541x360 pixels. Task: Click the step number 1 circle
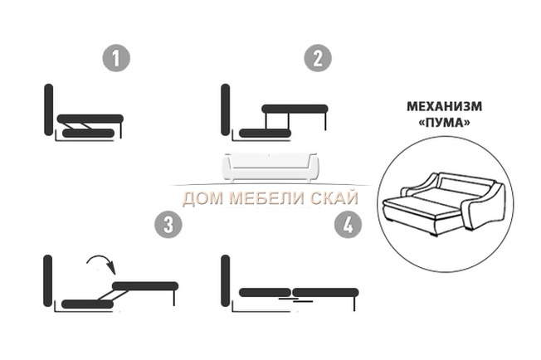coord(116,57)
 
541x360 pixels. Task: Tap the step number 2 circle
coord(318,57)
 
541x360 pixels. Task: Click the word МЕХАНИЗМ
coord(445,106)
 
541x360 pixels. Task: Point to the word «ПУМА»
coord(445,123)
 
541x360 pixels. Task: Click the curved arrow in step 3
coord(102,262)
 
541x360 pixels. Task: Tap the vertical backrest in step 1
coord(49,109)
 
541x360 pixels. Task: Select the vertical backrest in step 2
coord(226,109)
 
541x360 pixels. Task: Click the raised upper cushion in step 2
coord(295,109)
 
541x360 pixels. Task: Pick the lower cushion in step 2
coord(265,133)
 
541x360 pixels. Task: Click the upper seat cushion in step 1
coord(90,119)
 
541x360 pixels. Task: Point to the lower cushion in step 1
coord(88,133)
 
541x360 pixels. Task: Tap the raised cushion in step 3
coord(145,286)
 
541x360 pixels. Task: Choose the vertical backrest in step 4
coord(226,280)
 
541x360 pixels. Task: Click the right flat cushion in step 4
coord(326,293)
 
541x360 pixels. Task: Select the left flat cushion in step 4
coord(265,293)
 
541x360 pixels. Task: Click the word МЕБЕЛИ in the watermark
coord(269,198)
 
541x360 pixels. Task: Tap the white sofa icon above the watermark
coord(270,167)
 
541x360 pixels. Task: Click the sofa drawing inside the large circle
coord(445,205)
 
